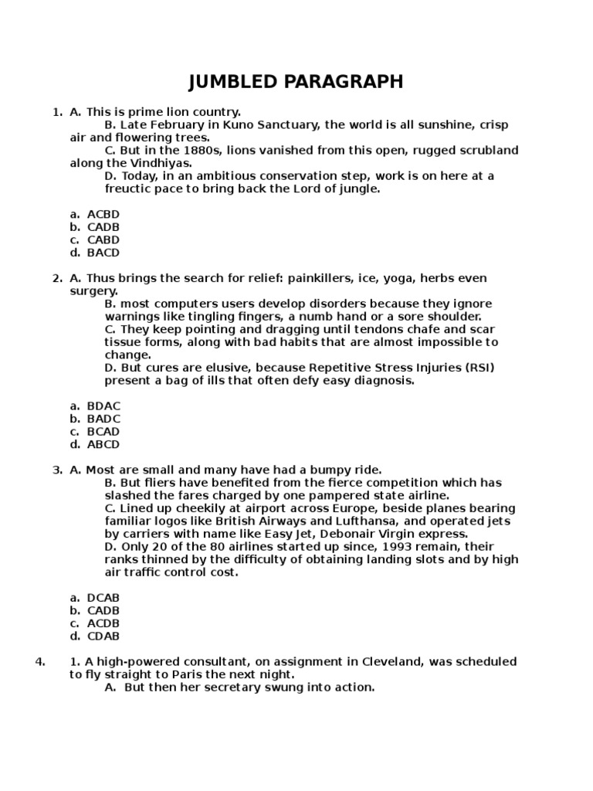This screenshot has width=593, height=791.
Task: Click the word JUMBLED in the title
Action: pyautogui.click(x=236, y=83)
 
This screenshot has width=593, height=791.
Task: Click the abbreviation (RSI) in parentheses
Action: pyautogui.click(x=478, y=368)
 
